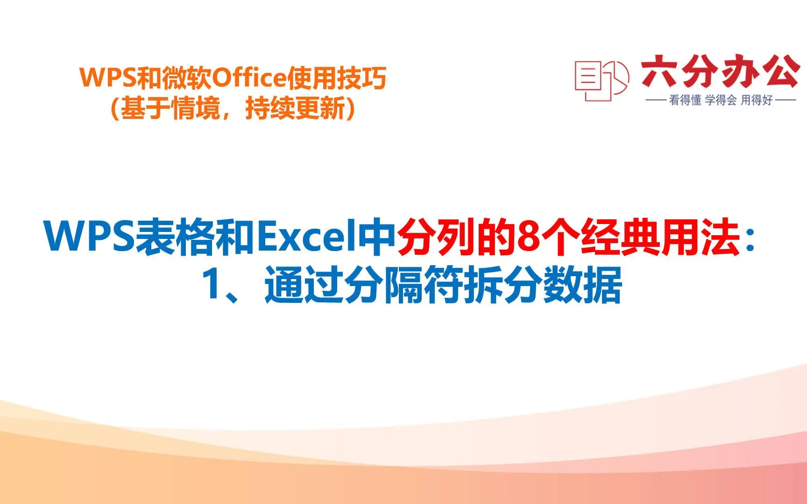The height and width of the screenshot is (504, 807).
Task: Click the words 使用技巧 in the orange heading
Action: pos(336,78)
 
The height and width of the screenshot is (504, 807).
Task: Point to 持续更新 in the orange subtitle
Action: pos(295,109)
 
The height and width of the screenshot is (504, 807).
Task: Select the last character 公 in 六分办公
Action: pos(781,71)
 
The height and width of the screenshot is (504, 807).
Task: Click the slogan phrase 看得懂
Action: pos(685,100)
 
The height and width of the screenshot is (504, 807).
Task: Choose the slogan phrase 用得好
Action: pos(757,100)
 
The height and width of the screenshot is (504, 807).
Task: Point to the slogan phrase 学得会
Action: pos(721,100)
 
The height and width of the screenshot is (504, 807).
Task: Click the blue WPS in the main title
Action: pos(89,237)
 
